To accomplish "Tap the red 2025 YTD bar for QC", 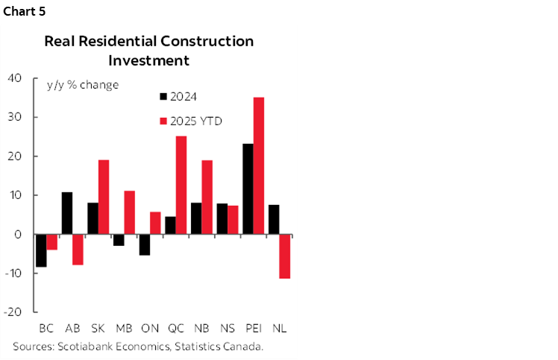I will (181, 186).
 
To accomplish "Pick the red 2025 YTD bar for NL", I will (284, 256).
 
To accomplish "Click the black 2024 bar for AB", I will (67, 213).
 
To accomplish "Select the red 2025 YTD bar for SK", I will (104, 198).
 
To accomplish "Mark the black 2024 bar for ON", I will (145, 245).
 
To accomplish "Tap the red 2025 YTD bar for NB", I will (207, 198).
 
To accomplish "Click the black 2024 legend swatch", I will (163, 96).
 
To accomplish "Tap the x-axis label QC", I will (176, 328).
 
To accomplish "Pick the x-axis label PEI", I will (253, 328).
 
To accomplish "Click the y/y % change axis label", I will (83, 85).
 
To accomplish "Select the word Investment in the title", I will (148, 60).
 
